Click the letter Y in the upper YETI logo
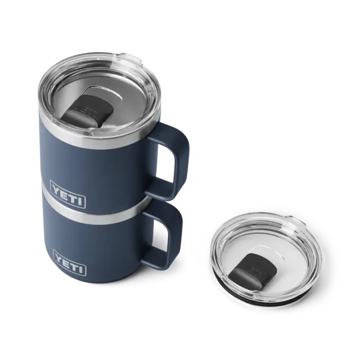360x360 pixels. click(55, 183)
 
